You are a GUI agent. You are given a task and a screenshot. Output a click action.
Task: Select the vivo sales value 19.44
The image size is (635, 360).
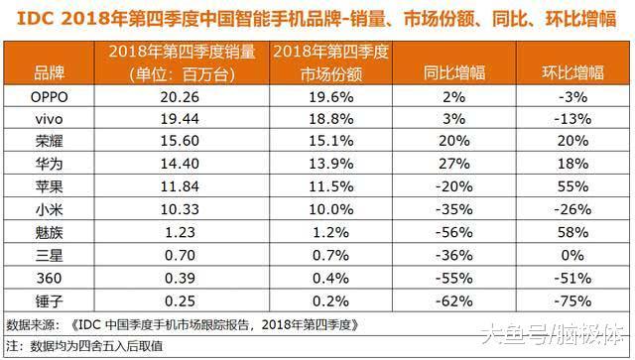tap(180, 117)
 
